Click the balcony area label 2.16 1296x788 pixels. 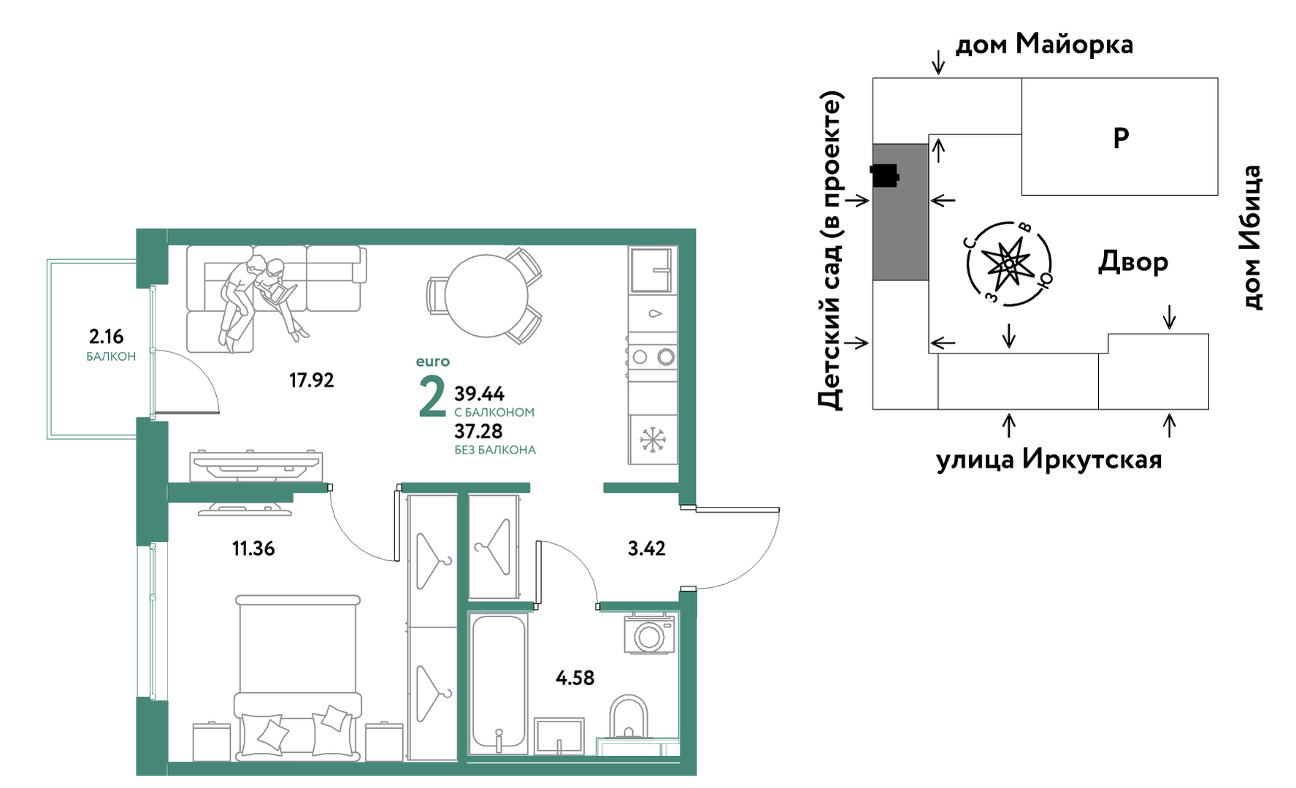tap(106, 337)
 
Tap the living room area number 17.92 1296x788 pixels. tap(311, 380)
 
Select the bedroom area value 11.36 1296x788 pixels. tap(253, 548)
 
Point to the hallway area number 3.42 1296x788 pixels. tap(646, 548)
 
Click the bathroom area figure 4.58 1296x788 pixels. tap(575, 678)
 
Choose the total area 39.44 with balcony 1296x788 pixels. tap(479, 394)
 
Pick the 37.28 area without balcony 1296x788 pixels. tap(478, 432)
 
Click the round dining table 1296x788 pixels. tap(486, 296)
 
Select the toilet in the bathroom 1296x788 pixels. tap(628, 719)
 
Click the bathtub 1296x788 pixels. tap(499, 684)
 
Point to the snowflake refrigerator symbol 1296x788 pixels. tap(653, 440)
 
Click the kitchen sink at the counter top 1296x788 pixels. tap(651, 269)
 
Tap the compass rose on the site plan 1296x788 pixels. tap(1009, 264)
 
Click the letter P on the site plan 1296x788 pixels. tap(1121, 137)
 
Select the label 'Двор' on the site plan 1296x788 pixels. tap(1133, 261)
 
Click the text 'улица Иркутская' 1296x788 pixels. tap(1048, 459)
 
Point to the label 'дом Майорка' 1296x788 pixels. tap(1044, 45)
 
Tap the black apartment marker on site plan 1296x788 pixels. tap(884, 176)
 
